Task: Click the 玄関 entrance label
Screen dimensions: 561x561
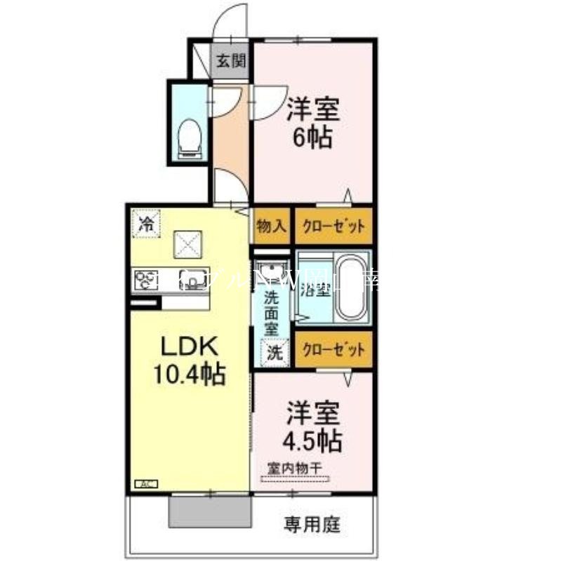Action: [x=230, y=61]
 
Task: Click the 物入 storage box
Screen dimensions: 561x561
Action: [x=270, y=226]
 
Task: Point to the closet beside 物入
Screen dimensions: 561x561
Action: [x=333, y=226]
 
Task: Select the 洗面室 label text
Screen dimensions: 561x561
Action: [x=271, y=312]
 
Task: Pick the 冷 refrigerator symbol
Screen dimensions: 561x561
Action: [x=147, y=225]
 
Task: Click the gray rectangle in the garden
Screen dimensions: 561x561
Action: [x=210, y=513]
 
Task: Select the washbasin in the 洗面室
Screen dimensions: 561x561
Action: [x=270, y=270]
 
